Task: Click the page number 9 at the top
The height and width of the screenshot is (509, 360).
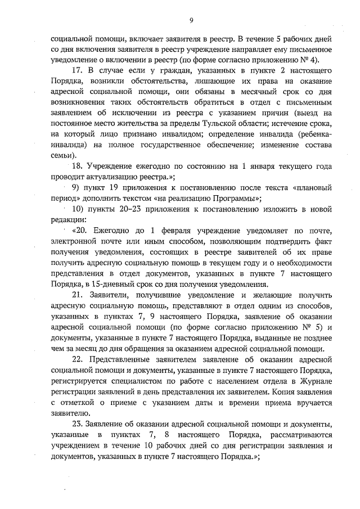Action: (x=191, y=21)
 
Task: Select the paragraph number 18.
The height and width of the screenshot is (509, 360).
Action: (x=78, y=166)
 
